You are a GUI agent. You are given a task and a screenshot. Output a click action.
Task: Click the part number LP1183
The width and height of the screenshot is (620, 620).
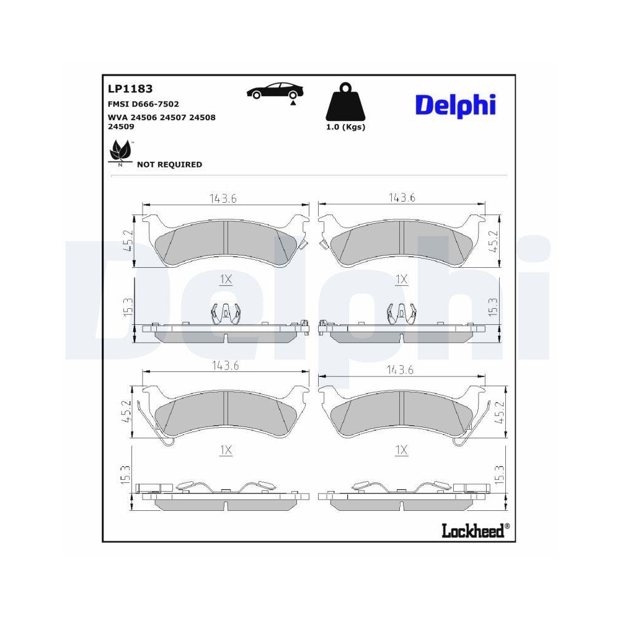[x=130, y=89]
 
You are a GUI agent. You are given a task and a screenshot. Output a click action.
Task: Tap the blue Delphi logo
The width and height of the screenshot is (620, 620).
[x=455, y=104]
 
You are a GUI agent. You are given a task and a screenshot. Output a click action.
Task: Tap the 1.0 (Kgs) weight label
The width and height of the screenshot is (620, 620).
[x=345, y=127]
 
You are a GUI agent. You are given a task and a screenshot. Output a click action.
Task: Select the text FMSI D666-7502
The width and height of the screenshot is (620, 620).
[x=143, y=104]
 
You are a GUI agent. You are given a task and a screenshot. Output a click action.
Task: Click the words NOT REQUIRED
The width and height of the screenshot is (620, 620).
[x=169, y=164]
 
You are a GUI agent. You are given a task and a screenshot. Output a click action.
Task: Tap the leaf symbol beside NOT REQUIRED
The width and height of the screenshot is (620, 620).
[x=120, y=153]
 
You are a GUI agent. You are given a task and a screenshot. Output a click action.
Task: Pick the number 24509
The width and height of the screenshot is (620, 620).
[x=121, y=126]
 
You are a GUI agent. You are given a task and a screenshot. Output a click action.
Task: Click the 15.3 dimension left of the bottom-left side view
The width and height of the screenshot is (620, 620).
[x=126, y=476]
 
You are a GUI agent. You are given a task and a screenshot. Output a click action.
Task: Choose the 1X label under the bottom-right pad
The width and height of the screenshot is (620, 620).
[x=402, y=451]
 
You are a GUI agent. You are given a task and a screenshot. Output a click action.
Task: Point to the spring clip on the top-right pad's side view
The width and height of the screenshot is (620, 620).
[x=401, y=314]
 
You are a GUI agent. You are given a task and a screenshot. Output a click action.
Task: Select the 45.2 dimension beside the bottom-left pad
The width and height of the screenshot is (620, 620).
[x=126, y=412]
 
